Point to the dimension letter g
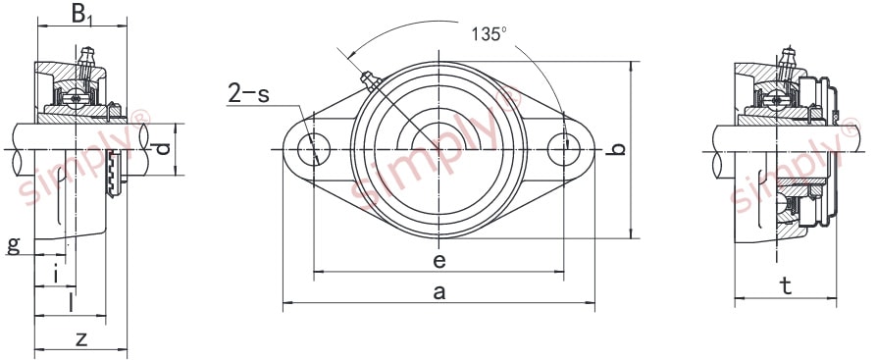coord(13,243)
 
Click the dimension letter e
coord(438,260)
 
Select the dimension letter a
coord(438,291)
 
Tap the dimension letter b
coord(616,149)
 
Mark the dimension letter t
coord(786,284)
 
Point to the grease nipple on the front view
coord(368,78)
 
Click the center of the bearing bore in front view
coord(438,149)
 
